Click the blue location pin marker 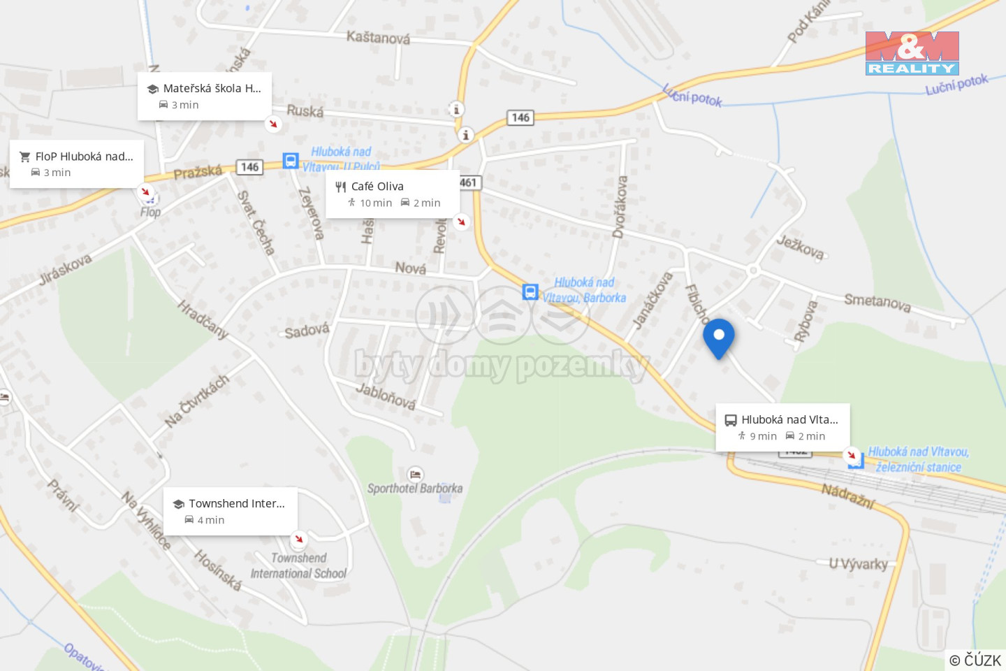(x=718, y=338)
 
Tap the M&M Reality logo (x=912, y=53)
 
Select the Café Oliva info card (x=393, y=194)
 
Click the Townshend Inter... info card (x=231, y=511)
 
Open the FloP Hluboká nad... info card (x=77, y=164)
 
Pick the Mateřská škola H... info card (x=204, y=96)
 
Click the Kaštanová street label (x=378, y=37)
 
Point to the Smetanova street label (x=877, y=302)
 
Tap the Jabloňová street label (x=386, y=396)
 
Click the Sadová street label (x=307, y=331)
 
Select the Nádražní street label (x=848, y=496)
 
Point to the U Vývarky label (x=859, y=563)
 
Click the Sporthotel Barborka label (x=415, y=488)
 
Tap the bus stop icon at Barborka (x=530, y=292)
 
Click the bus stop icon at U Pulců (x=291, y=161)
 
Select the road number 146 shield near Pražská (x=249, y=167)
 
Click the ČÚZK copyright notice (x=975, y=660)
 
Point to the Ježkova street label (x=801, y=247)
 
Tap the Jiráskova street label (x=65, y=270)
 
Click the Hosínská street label (x=217, y=570)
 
